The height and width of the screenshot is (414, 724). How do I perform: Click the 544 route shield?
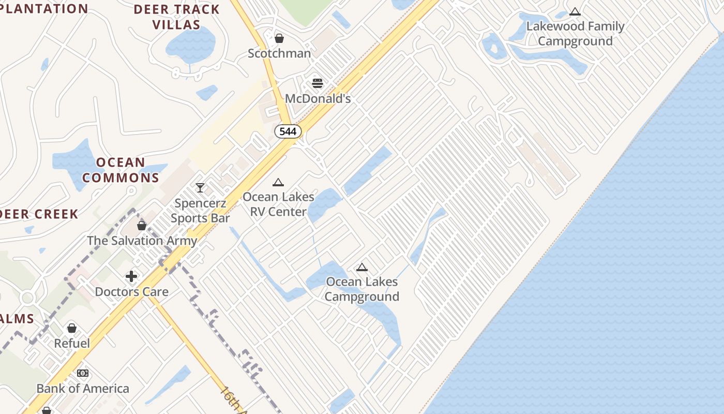[288, 131]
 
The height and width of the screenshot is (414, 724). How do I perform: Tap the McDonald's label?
[318, 98]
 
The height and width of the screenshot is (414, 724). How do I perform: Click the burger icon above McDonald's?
[318, 83]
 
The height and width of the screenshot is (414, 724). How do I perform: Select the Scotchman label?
[279, 53]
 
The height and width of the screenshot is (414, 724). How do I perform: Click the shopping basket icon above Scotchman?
[279, 38]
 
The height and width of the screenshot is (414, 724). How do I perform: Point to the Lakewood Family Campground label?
[575, 34]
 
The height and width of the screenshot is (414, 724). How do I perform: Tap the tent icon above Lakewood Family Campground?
[575, 12]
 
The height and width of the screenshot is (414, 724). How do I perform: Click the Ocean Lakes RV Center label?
[278, 204]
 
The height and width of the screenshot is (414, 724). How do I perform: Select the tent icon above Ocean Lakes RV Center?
[278, 182]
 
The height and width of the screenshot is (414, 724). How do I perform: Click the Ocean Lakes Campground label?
[362, 289]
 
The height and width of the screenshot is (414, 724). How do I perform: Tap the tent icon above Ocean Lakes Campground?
[362, 267]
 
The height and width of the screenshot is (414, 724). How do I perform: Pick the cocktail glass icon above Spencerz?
[200, 187]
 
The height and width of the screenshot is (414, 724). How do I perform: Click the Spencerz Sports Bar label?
[200, 211]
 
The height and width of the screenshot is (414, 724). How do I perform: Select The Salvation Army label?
[142, 241]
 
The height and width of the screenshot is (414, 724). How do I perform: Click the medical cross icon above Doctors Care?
[131, 276]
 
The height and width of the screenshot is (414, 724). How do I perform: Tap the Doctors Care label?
[131, 292]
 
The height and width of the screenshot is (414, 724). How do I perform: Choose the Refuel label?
[72, 343]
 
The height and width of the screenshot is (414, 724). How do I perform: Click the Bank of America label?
[83, 388]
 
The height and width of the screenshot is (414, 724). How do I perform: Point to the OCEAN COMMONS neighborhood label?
[120, 170]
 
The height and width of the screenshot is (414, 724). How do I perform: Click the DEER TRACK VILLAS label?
[177, 17]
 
